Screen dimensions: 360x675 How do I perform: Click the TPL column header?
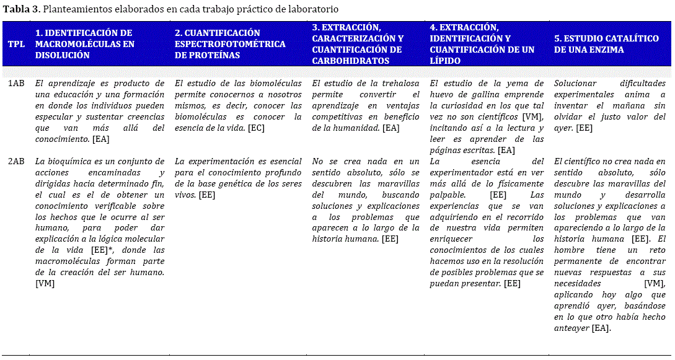pos(16,44)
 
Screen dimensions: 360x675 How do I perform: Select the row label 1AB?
pos(16,83)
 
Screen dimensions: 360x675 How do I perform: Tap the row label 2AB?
pos(16,162)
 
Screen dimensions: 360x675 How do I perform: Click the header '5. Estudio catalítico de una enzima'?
pos(606,44)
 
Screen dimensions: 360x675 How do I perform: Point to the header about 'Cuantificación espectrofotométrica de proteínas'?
pos(230,44)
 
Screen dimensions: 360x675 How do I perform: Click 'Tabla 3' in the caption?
pos(22,10)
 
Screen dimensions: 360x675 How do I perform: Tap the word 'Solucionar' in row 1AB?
pos(575,83)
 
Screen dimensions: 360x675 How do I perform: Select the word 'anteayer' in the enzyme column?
pos(571,328)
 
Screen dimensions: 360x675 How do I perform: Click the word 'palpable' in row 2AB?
pos(448,195)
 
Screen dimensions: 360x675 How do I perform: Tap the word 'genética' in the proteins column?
pos(245,184)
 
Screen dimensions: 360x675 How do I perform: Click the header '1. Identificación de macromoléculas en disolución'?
pos(84,44)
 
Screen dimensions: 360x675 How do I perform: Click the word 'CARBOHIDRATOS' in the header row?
pos(350,61)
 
